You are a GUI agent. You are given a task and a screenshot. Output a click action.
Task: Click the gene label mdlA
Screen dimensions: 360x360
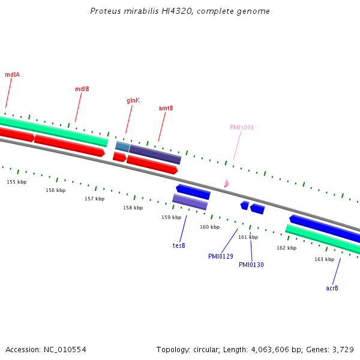click(x=13, y=74)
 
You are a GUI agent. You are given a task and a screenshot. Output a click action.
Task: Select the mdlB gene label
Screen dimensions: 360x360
click(x=82, y=89)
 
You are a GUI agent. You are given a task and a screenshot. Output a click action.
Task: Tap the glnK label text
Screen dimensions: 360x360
click(x=133, y=100)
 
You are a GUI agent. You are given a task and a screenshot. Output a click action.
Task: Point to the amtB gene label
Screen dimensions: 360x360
click(x=166, y=108)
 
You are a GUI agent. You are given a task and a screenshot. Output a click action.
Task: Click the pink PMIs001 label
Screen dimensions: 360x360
click(x=242, y=127)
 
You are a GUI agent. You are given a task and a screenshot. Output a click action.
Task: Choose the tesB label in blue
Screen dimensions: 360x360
click(x=179, y=245)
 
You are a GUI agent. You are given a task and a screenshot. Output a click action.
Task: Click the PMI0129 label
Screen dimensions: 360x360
click(x=221, y=256)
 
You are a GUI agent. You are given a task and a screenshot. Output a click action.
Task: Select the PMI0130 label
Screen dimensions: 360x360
click(x=251, y=265)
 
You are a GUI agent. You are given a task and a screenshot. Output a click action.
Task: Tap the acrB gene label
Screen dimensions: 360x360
click(x=332, y=288)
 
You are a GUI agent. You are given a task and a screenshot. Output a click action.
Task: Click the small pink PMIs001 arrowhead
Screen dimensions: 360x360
click(x=226, y=184)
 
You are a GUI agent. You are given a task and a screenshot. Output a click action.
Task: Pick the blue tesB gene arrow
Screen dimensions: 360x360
click(x=193, y=191)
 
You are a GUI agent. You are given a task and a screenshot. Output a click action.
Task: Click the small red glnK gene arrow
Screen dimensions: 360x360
click(x=119, y=157)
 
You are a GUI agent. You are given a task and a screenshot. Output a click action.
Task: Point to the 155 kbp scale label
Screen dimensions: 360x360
click(x=17, y=182)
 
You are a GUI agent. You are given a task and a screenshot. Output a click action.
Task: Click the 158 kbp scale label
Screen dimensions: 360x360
click(x=133, y=208)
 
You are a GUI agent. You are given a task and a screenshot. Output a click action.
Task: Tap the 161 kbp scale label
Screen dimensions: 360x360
click(x=248, y=237)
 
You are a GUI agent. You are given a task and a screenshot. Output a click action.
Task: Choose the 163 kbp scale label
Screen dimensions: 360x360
click(x=325, y=259)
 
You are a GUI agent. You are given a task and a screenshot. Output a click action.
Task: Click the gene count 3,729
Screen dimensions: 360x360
click(x=342, y=349)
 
